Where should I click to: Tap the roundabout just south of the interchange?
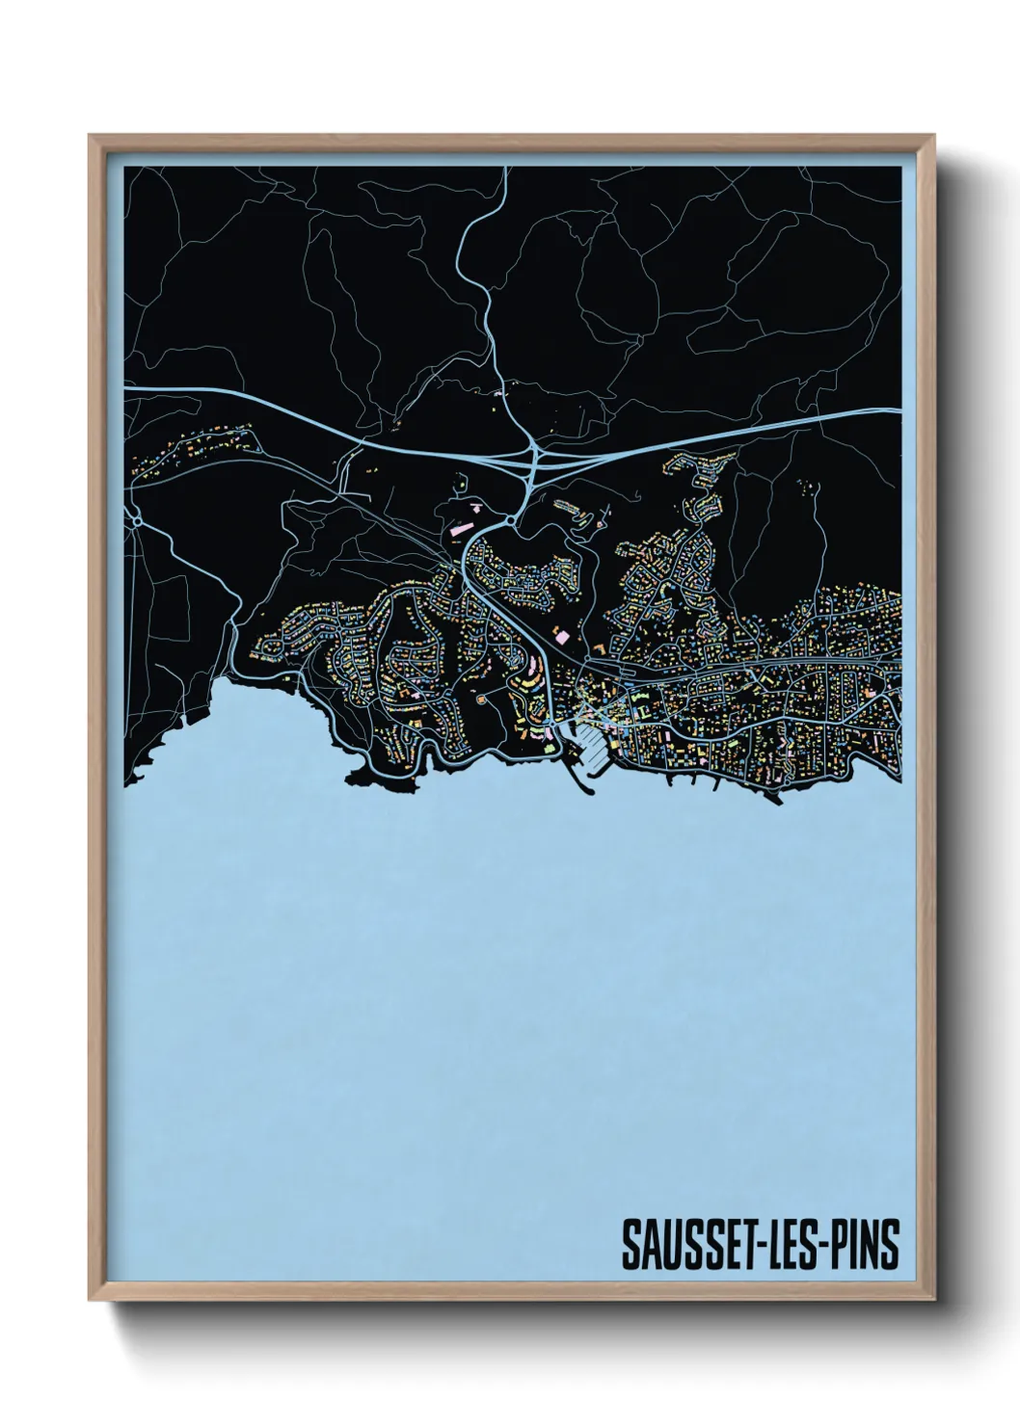click(x=507, y=522)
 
